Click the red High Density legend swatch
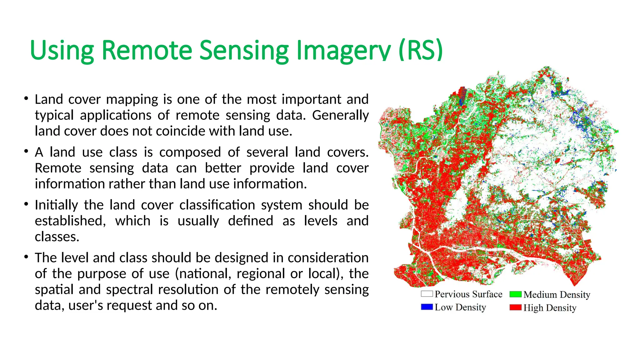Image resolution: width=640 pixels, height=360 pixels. point(515,307)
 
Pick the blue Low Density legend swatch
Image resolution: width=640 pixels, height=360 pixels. point(427,307)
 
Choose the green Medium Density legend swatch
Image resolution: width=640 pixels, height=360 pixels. point(515,294)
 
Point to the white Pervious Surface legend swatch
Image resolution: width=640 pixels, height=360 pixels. point(427,294)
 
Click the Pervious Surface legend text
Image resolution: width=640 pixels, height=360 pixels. point(468,294)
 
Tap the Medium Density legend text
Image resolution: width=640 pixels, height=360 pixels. point(557,294)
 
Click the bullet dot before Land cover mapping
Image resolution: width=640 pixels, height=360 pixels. point(26,99)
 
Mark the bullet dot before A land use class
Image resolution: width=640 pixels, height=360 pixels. point(26,152)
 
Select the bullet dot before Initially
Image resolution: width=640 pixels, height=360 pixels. point(26,204)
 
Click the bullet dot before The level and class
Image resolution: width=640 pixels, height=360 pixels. point(26,257)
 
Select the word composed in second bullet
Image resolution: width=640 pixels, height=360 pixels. point(190,152)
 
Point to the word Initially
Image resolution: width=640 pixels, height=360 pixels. point(56,205)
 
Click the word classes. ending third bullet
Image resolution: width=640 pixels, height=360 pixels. point(57,237)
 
